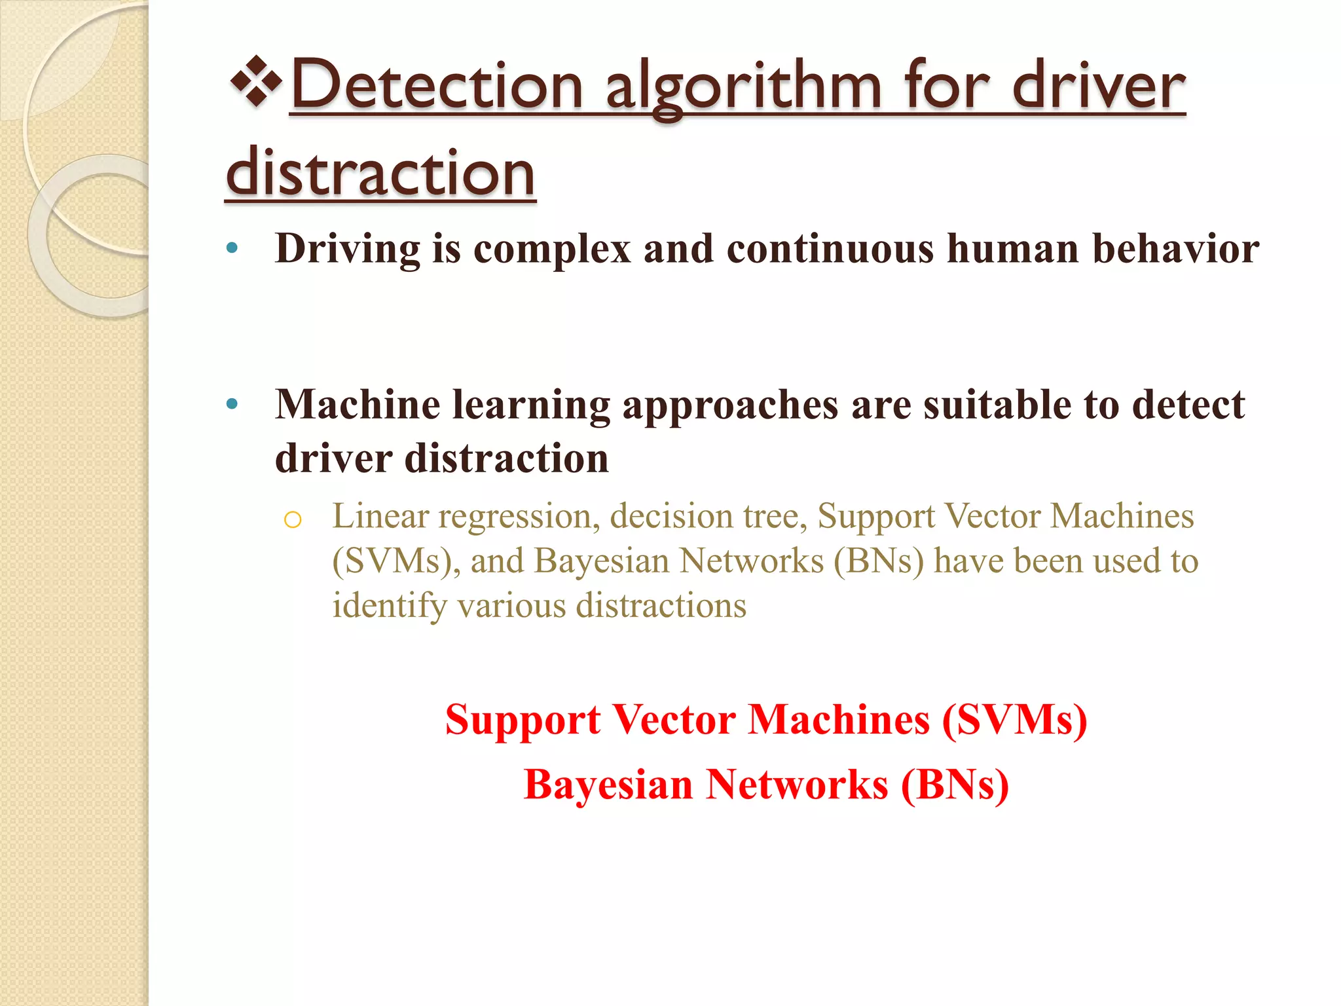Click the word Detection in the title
click(437, 86)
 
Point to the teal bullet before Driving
click(231, 248)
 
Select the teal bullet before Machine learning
click(231, 403)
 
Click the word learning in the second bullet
click(531, 405)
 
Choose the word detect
click(1188, 404)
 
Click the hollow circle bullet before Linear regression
click(293, 519)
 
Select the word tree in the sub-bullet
click(774, 516)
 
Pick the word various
click(511, 605)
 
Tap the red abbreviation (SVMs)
click(1014, 719)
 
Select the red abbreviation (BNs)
click(955, 784)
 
